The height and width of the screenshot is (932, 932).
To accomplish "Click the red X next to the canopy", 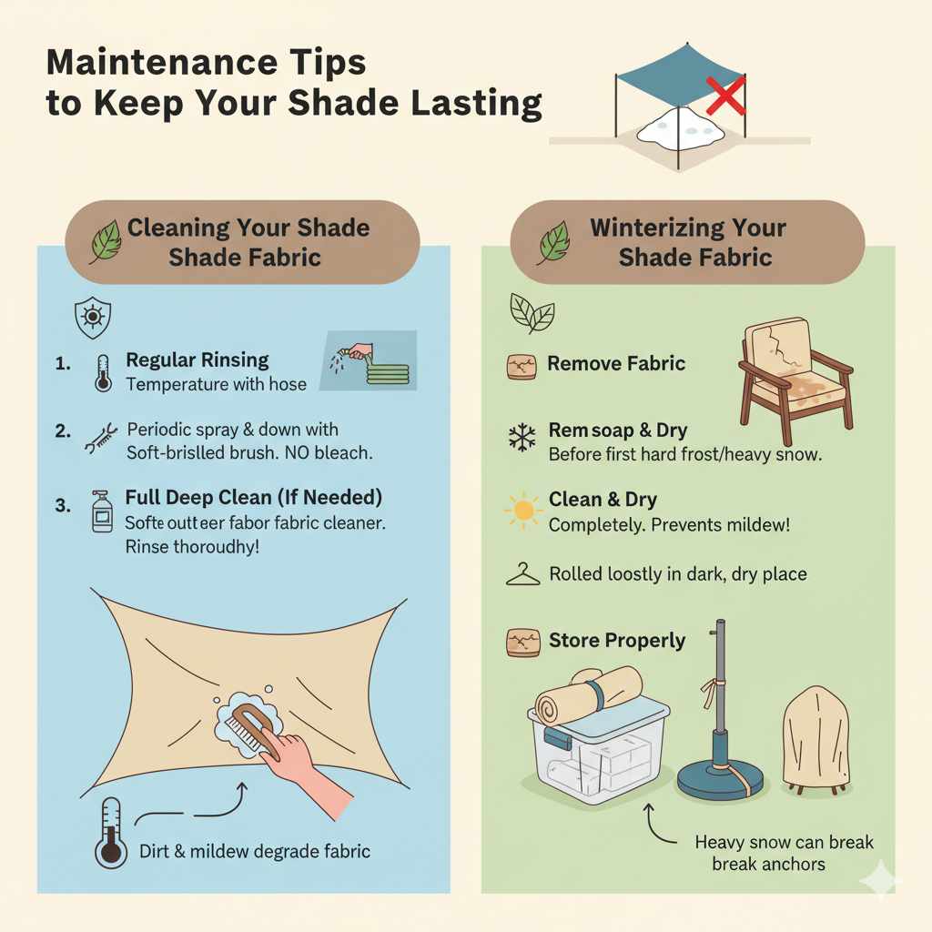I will point(725,96).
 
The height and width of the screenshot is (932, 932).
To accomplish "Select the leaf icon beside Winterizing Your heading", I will point(553,242).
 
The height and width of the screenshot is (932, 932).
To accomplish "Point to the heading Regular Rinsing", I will point(198,360).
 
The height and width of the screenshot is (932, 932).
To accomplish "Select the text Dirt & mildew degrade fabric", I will point(255,852).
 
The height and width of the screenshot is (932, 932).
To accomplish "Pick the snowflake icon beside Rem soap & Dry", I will point(522,439).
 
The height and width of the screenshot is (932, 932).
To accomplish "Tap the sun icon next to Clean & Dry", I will point(522,510).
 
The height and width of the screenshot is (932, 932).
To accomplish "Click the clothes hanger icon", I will point(522,574).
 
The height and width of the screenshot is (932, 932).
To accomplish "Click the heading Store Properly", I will point(616,641).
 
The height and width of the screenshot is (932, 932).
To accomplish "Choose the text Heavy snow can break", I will point(784,843).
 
